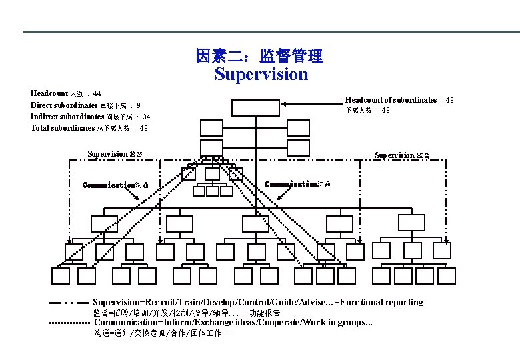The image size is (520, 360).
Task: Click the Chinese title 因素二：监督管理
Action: pos(259,56)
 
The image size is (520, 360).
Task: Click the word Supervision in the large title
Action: pos(261,74)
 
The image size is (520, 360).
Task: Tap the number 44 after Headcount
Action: pos(97,94)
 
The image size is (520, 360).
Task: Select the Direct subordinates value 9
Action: pos(138,105)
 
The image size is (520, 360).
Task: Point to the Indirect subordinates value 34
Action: pos(146,117)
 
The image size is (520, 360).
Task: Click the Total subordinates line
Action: pos(89,128)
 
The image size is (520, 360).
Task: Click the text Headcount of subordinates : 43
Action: pos(399,100)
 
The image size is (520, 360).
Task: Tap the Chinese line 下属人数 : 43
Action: pos(367,111)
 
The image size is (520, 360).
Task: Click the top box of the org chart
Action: pos(251,107)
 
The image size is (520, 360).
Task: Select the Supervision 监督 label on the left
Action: pos(115,155)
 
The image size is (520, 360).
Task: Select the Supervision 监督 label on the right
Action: pos(402,155)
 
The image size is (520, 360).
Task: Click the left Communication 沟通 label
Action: pos(115,185)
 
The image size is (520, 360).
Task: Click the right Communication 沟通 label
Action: pos(297,184)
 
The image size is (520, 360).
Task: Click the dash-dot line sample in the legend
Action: pos(69,303)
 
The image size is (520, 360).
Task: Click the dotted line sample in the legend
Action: pos(69,323)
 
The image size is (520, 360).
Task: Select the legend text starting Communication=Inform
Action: pos(233,323)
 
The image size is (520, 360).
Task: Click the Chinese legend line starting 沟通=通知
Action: pos(163,333)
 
